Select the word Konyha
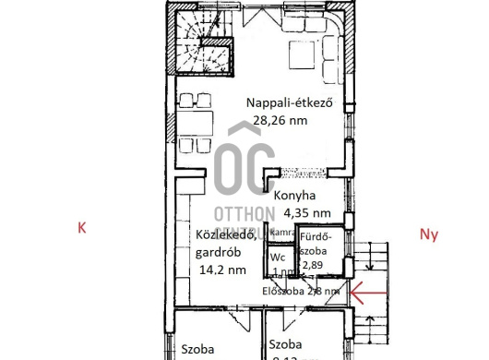pyautogui.click(x=293, y=196)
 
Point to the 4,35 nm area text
pyautogui.click(x=298, y=212)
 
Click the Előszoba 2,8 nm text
pyautogui.click(x=300, y=291)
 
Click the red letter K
pyautogui.click(x=82, y=228)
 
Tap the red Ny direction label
pyautogui.click(x=428, y=234)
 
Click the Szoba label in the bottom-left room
pyautogui.click(x=197, y=349)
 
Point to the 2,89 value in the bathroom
pyautogui.click(x=315, y=265)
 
